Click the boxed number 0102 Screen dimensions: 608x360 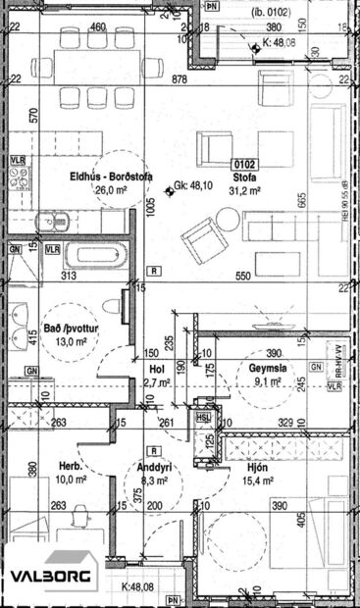[x=244, y=165]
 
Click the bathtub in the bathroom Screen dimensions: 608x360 [x=93, y=257]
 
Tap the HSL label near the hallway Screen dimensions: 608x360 [x=204, y=416]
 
